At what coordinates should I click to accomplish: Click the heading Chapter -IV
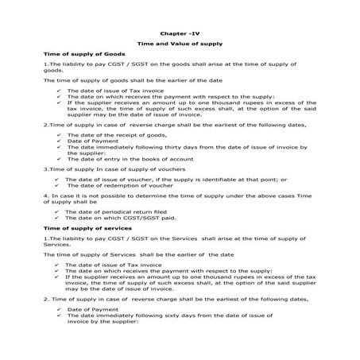[x=179, y=36]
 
